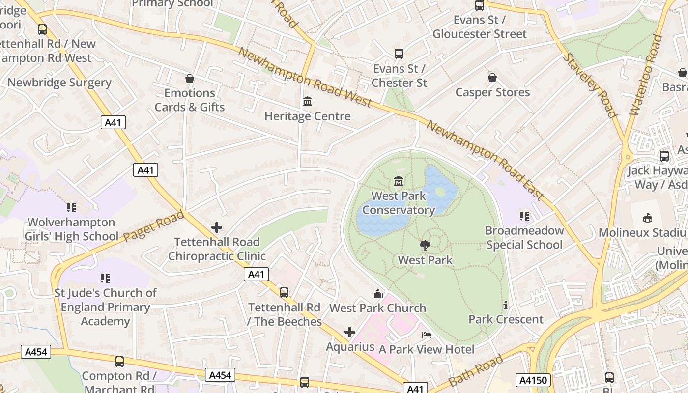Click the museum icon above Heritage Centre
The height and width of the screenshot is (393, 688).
click(308, 102)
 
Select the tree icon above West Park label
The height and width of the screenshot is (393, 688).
click(425, 246)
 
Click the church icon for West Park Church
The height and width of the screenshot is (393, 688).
click(377, 294)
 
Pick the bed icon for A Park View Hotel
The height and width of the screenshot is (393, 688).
click(427, 335)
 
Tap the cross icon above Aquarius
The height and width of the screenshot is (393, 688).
click(350, 333)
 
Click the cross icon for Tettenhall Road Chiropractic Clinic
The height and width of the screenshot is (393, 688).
click(217, 227)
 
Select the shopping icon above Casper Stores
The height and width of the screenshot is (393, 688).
click(492, 78)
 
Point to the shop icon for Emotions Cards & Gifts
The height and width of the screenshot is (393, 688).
click(190, 79)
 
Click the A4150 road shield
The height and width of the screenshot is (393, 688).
click(533, 380)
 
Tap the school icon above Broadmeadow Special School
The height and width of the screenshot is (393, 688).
click(524, 216)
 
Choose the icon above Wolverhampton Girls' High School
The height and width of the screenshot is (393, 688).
click(71, 208)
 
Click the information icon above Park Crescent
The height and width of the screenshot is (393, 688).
click(506, 306)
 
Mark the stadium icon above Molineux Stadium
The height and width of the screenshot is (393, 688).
click(648, 218)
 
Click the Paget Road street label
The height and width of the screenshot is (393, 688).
click(153, 226)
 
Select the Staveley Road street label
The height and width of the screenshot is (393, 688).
click(589, 85)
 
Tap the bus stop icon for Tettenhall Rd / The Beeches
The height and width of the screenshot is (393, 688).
click(284, 293)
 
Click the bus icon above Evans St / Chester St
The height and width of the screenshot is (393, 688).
click(399, 54)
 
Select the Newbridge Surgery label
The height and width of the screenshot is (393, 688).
click(59, 83)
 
